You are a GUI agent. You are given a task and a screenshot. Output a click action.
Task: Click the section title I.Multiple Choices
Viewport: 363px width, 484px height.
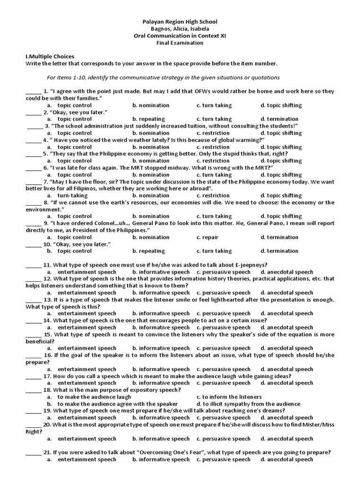(50, 56)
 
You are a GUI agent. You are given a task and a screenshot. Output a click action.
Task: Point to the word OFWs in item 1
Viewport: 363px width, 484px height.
(205, 91)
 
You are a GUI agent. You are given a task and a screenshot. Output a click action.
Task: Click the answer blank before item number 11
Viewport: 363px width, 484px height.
(33, 265)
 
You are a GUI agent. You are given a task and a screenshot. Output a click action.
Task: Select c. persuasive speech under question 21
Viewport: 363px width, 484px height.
(224, 459)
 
